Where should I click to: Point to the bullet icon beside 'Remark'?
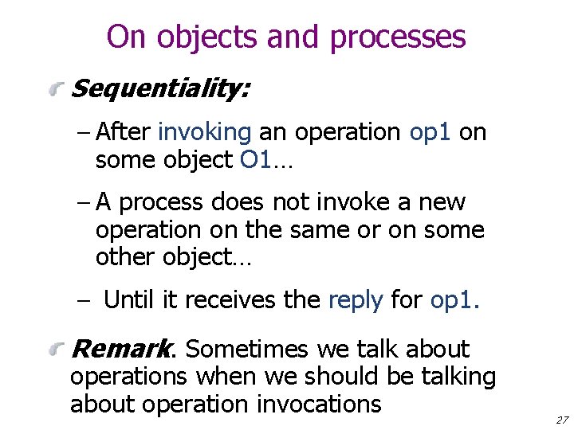(55, 350)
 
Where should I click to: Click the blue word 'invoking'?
(205, 132)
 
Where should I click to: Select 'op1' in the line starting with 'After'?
(430, 132)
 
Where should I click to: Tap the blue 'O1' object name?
(256, 160)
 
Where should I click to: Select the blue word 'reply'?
(356, 300)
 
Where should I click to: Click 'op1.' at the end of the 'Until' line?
(454, 300)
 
